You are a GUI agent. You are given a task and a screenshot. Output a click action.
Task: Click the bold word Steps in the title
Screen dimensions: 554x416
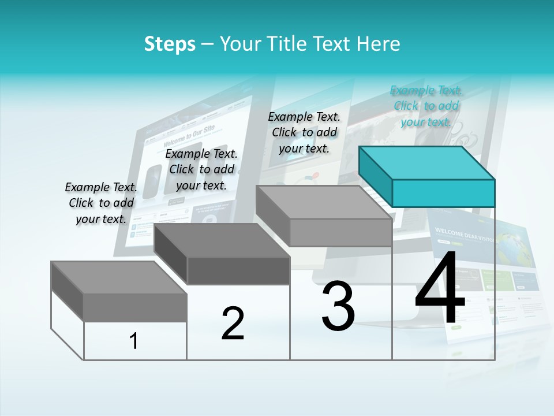[170, 44]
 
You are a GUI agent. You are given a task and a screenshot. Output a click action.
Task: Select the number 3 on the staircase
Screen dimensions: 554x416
[338, 306]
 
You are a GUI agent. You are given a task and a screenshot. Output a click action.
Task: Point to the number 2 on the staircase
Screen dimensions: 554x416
[233, 324]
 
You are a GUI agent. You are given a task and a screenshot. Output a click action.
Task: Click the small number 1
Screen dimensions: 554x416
[134, 341]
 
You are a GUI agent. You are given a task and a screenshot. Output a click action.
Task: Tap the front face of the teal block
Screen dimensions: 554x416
[443, 193]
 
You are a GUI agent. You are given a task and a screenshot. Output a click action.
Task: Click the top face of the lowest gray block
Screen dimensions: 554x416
[119, 277]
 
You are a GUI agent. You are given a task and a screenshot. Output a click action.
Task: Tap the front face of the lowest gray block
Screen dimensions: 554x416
[135, 307]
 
